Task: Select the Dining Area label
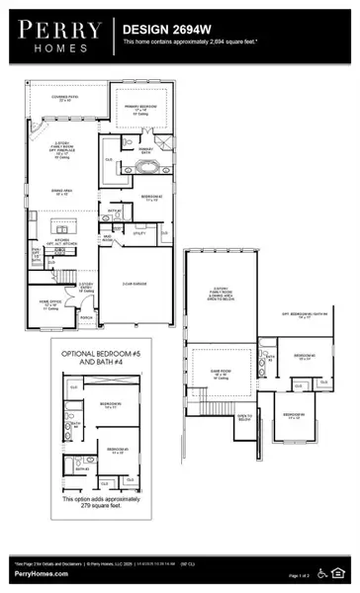61,193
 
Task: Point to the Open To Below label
244,417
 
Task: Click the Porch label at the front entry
87,317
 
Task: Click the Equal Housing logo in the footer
342,573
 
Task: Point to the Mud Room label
106,238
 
